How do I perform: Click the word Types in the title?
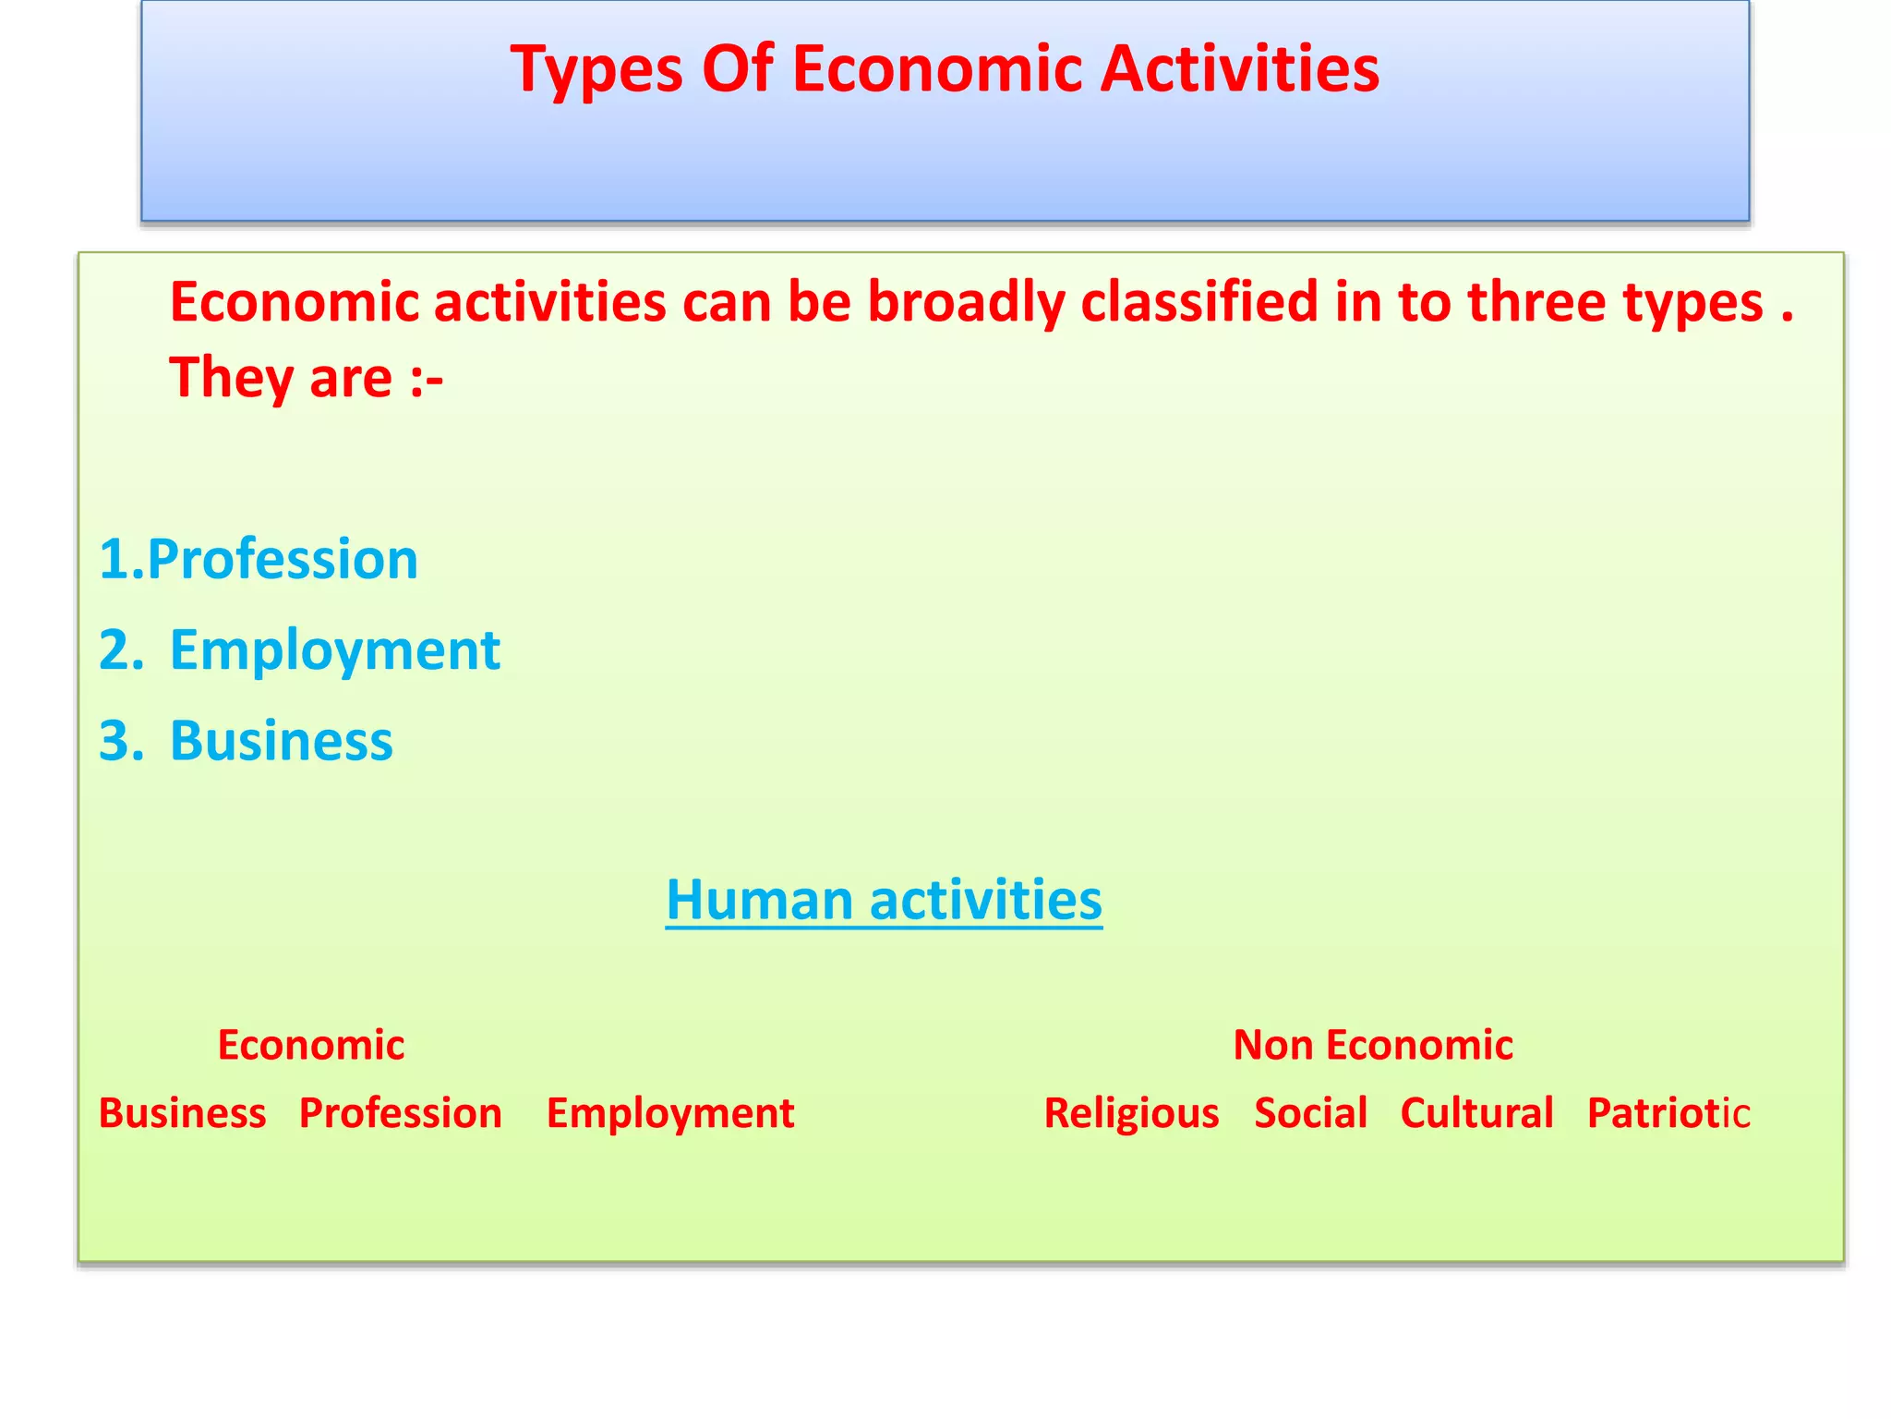pyautogui.click(x=596, y=70)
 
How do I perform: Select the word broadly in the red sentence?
pyautogui.click(x=966, y=303)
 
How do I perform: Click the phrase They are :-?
pyautogui.click(x=306, y=379)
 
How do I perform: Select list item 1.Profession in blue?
pyautogui.click(x=259, y=560)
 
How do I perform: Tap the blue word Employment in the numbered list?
pyautogui.click(x=334, y=650)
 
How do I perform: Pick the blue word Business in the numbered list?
pyautogui.click(x=281, y=741)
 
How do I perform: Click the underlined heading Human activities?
pyautogui.click(x=884, y=900)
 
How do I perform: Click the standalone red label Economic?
pyautogui.click(x=311, y=1046)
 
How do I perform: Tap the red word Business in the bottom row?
pyautogui.click(x=182, y=1113)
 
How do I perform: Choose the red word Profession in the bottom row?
pyautogui.click(x=401, y=1113)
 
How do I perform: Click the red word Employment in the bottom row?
pyautogui.click(x=670, y=1113)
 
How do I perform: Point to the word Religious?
pyautogui.click(x=1131, y=1113)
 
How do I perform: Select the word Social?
pyautogui.click(x=1310, y=1113)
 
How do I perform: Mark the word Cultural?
pyautogui.click(x=1476, y=1113)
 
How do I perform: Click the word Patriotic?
pyautogui.click(x=1668, y=1113)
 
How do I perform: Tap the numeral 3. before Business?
pyautogui.click(x=121, y=741)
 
